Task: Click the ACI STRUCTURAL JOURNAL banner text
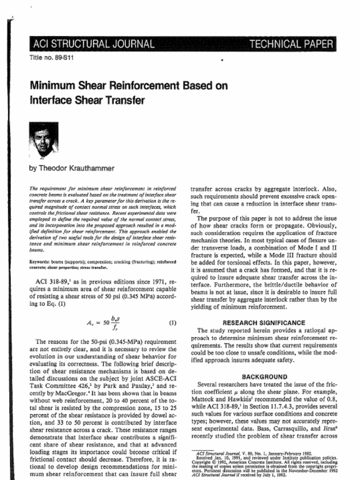point(94,45)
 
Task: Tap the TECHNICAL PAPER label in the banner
point(291,45)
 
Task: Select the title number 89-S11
point(52,58)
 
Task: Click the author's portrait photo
point(44,139)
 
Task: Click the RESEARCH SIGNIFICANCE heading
point(263,323)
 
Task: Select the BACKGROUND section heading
point(264,376)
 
